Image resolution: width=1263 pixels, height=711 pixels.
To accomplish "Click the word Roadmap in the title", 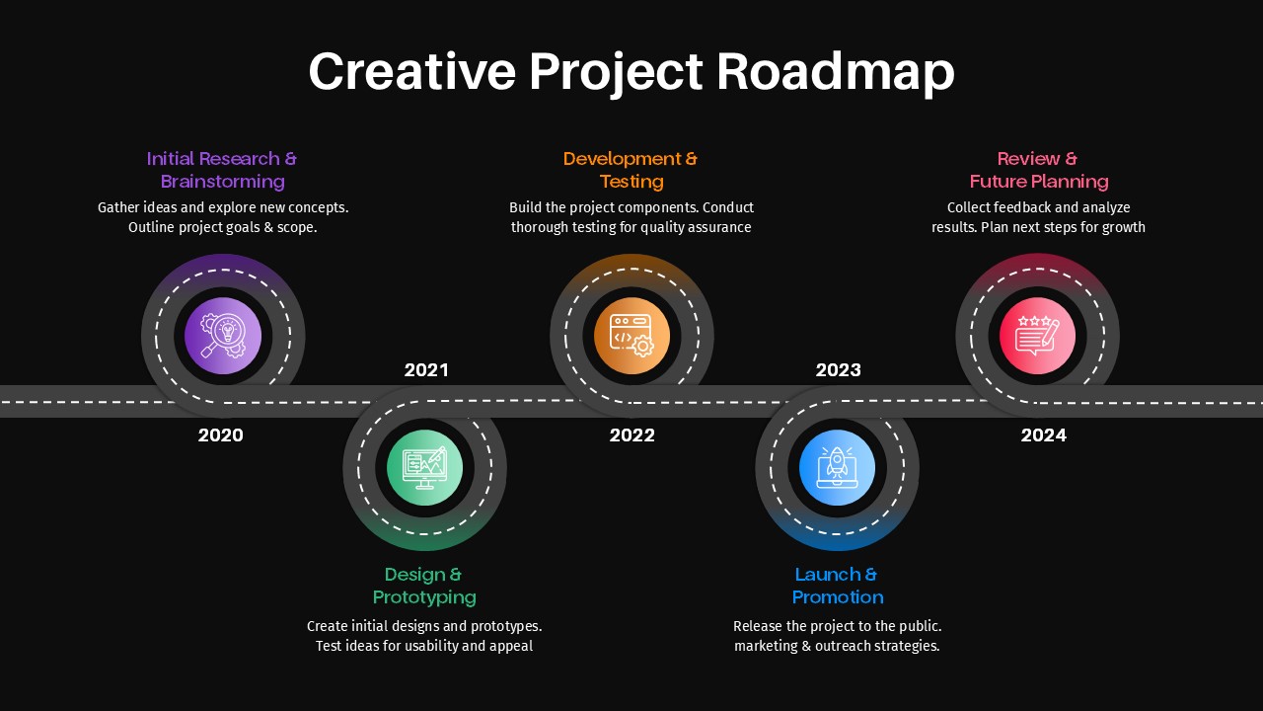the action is tap(835, 72).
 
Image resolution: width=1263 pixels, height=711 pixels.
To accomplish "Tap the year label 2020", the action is tap(220, 435).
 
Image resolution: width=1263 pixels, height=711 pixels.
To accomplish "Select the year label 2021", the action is tap(426, 370).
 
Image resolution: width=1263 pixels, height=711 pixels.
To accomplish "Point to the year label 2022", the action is tap(632, 435).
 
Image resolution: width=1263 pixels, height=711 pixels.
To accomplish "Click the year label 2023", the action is tap(839, 369).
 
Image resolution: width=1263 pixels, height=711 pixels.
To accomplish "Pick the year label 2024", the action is tap(1044, 435).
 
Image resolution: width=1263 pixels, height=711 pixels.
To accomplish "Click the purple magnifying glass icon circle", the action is tap(223, 336).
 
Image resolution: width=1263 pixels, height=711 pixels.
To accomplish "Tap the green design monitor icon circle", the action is tap(424, 468).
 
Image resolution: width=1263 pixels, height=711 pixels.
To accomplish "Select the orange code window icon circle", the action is tap(632, 336).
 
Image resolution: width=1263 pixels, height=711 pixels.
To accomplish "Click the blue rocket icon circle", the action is tap(838, 468).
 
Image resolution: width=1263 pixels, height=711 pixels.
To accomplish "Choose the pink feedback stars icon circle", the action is tap(1037, 336).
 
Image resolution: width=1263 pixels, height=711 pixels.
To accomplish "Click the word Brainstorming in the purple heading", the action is tap(223, 182).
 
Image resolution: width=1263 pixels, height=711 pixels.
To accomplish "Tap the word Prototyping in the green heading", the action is tap(424, 597).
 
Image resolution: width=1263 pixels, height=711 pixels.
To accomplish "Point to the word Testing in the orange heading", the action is tap(631, 182).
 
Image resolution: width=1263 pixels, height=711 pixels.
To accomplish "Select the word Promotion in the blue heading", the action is tap(838, 597).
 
